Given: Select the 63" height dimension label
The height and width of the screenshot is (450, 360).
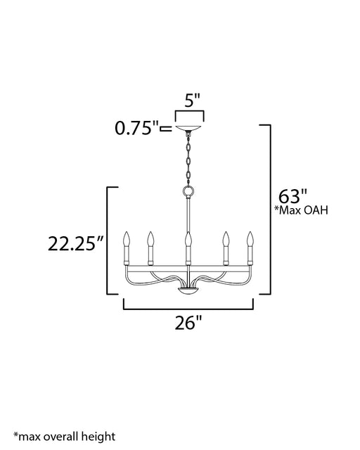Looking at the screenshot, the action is pos(292,197).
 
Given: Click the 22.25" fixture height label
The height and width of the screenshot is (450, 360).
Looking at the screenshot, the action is pos(75,244).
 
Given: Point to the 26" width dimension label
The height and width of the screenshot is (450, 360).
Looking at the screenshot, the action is pos(188,323).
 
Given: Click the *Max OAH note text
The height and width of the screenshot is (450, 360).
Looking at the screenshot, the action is pos(301,210).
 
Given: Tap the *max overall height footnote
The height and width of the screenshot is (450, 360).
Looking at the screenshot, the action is pos(64,436).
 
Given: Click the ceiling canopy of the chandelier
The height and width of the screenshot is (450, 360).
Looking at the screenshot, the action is pos(188,128).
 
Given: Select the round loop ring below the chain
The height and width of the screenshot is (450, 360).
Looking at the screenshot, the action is pos(188,191).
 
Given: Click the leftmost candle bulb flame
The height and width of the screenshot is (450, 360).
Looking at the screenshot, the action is pos(127,239).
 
